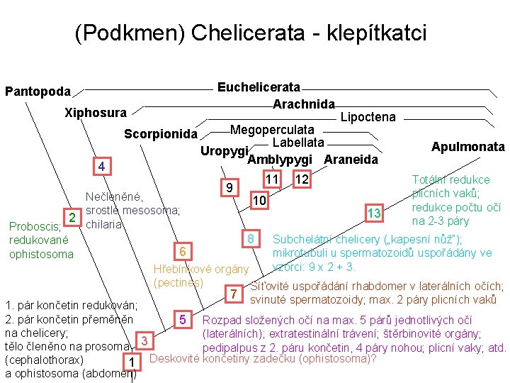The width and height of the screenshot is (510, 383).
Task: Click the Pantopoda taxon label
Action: [38, 91]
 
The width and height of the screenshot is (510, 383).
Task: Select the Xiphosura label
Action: [95, 113]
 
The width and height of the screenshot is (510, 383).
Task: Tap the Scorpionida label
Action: [160, 134]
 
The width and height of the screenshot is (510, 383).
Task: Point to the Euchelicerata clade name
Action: [259, 87]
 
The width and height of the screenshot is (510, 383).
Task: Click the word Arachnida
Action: [303, 104]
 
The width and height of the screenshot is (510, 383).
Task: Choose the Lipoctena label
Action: [368, 117]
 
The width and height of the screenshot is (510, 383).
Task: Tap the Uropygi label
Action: [223, 151]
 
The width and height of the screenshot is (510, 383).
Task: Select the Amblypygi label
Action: [280, 160]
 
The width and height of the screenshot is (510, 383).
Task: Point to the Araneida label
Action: [351, 160]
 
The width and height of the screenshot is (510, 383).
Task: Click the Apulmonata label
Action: [467, 147]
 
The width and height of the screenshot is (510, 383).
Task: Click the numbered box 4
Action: [102, 167]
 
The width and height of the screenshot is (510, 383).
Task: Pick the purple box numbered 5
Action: [182, 319]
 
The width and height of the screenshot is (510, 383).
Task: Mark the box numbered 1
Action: [131, 363]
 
